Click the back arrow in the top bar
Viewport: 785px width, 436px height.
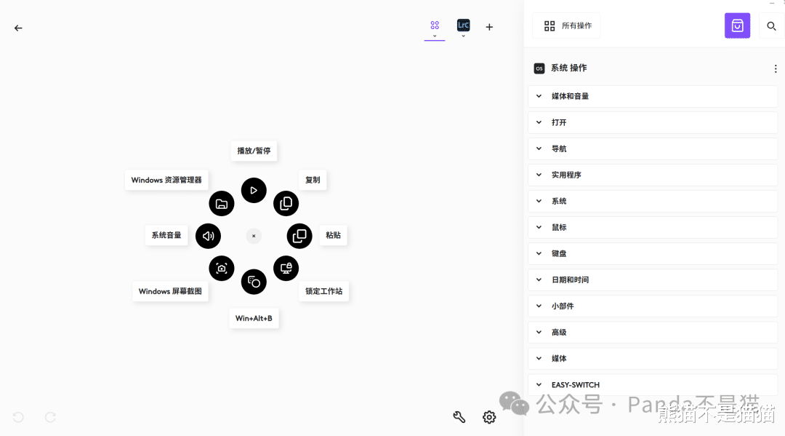point(18,28)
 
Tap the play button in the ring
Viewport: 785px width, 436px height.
point(254,191)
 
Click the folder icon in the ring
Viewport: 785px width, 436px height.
point(222,204)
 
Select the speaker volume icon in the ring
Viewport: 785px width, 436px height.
point(208,236)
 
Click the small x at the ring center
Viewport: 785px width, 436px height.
point(254,236)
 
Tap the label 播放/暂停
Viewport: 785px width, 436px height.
point(254,151)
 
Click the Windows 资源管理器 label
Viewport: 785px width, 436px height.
point(166,180)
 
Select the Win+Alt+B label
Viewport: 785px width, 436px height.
point(254,318)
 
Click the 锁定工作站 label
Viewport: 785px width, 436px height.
point(323,291)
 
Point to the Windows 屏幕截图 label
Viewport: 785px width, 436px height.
point(171,291)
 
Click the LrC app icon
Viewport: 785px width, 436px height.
point(463,25)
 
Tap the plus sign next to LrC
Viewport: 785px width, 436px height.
point(489,28)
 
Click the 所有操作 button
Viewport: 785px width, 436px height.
point(567,25)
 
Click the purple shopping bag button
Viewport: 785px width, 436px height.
point(737,25)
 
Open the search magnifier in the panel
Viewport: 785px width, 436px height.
point(772,26)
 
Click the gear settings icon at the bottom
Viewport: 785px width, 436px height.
point(489,417)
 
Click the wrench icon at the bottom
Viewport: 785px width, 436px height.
point(459,417)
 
